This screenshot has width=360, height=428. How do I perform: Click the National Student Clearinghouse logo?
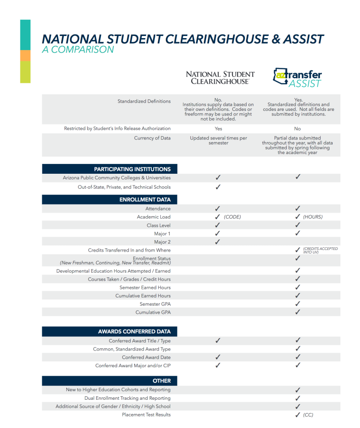(220, 77)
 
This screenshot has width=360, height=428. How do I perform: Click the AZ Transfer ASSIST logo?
(298, 77)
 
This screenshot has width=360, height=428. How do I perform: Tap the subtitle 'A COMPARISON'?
(78, 50)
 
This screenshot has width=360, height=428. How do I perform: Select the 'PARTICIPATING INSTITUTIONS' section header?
(132, 169)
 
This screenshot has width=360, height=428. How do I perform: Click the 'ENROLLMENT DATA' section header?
(145, 199)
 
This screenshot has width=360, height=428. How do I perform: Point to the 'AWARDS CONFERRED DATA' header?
(134, 331)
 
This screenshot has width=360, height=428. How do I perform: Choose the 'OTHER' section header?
(162, 380)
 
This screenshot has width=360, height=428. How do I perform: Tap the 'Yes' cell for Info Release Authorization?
(218, 129)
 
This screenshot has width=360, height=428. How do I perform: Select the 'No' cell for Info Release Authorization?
(298, 129)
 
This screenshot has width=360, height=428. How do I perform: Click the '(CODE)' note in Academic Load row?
(232, 217)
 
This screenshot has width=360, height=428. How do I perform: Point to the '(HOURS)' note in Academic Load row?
(313, 217)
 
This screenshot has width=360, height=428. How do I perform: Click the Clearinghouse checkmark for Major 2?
(218, 242)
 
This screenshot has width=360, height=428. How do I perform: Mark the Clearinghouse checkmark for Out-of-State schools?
(218, 187)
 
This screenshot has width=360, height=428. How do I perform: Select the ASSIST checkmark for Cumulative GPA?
(298, 312)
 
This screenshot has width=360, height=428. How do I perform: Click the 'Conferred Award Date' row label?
(146, 357)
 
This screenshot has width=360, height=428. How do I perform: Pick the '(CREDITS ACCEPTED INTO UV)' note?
(320, 250)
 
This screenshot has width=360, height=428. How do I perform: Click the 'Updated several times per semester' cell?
(218, 140)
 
